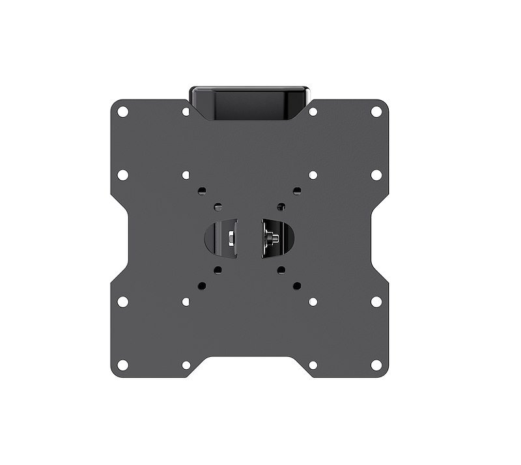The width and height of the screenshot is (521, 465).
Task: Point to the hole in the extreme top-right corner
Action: click(376, 111)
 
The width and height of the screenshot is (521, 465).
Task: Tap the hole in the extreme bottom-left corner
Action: click(122, 365)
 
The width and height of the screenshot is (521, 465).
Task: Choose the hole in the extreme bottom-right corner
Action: click(376, 365)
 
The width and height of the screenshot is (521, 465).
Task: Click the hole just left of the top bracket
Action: click(186, 112)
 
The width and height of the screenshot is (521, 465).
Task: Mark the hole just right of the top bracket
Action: click(313, 112)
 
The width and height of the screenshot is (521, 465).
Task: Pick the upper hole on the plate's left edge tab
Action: click(122, 175)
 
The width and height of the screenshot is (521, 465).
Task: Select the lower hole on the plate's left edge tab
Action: click(122, 302)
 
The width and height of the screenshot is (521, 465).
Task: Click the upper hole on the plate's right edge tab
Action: click(376, 175)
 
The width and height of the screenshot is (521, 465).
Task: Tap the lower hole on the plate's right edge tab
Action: click(376, 302)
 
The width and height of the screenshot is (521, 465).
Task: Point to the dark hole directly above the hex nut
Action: click(218, 207)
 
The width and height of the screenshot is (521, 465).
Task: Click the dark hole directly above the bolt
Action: click(281, 207)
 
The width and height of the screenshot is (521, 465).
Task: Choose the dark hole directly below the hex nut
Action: click(218, 269)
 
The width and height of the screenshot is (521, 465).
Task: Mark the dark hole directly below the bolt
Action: click(281, 269)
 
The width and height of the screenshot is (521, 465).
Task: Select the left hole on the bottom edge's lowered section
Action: click(186, 365)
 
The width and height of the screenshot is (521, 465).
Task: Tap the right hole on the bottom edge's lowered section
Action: click(313, 365)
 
